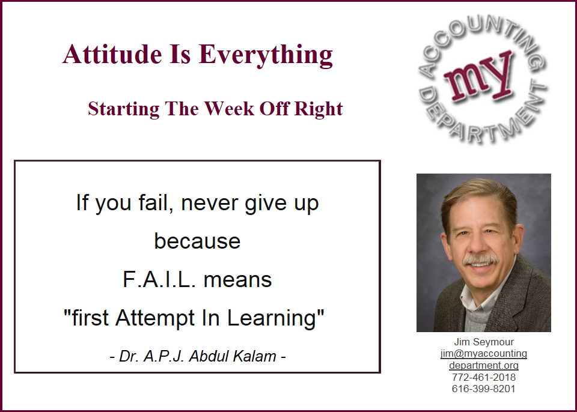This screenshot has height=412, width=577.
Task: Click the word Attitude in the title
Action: tap(112, 54)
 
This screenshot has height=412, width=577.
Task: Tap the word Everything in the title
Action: tap(266, 55)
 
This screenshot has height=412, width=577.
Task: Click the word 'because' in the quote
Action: tap(197, 241)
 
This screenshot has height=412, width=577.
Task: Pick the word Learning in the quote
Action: tap(272, 318)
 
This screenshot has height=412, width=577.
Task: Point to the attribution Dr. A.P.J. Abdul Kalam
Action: tap(198, 356)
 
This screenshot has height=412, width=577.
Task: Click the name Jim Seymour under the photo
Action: tap(483, 342)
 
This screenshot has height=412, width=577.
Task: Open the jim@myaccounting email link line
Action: tap(483, 354)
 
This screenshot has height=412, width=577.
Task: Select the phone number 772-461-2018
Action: tap(483, 377)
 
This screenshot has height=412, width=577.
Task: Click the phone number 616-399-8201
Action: tap(483, 389)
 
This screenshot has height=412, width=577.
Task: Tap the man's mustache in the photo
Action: tap(480, 259)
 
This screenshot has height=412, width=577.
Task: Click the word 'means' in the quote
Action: tap(238, 280)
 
